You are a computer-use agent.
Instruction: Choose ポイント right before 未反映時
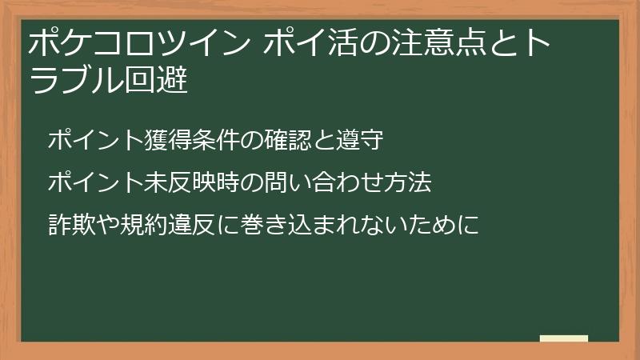coord(93,183)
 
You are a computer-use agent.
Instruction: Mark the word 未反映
coord(172,183)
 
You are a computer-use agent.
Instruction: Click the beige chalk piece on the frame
coord(564,339)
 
